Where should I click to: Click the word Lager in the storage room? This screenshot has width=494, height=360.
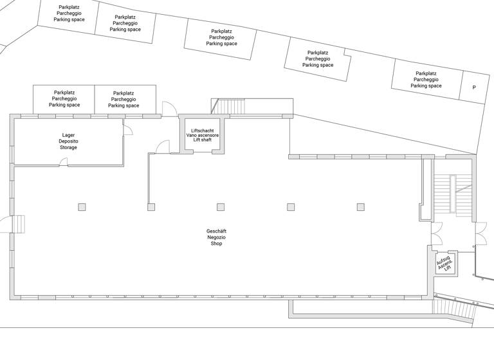click(68, 135)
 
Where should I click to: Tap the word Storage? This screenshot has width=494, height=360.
click(68, 148)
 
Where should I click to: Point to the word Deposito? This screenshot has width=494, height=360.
click(68, 141)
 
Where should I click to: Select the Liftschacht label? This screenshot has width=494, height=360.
click(203, 130)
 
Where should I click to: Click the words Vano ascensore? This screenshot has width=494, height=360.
click(203, 135)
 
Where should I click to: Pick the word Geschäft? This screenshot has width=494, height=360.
click(216, 231)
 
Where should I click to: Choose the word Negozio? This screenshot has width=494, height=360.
click(216, 237)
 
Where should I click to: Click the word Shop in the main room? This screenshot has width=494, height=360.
click(216, 244)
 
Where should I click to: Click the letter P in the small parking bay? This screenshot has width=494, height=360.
click(474, 87)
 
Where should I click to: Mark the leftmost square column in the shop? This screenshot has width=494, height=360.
click(82, 207)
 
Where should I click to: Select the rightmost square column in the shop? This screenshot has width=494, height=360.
click(361, 207)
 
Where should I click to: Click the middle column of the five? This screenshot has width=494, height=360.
click(221, 207)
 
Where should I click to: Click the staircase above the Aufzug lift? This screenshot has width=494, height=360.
click(444, 193)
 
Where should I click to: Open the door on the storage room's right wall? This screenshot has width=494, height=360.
click(127, 131)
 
